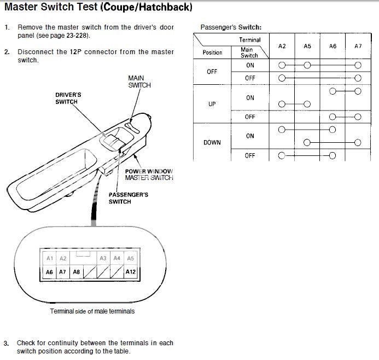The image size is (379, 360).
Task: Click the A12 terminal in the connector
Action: tap(130, 271)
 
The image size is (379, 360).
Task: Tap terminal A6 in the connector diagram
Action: tap(49, 271)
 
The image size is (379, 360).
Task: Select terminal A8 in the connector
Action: tap(76, 271)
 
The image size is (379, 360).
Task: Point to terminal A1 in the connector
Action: tap(49, 258)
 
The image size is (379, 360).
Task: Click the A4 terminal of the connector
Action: tap(116, 258)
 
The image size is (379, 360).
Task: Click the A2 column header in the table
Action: tap(282, 47)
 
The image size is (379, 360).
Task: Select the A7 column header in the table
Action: tap(358, 47)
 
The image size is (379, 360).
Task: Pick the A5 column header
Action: tap(307, 47)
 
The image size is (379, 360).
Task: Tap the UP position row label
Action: tap(212, 104)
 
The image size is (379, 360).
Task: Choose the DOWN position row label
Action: tap(212, 142)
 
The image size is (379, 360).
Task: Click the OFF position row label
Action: tap(212, 72)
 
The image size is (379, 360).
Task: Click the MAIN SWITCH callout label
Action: tap(139, 82)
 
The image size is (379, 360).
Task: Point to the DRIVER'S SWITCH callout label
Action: tap(68, 98)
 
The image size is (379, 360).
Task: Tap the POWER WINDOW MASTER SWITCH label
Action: tap(149, 175)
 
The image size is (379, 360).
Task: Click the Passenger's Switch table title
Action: tap(231, 27)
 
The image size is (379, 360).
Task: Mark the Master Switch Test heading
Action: tap(98, 8)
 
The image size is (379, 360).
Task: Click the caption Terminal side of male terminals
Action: tap(92, 311)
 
